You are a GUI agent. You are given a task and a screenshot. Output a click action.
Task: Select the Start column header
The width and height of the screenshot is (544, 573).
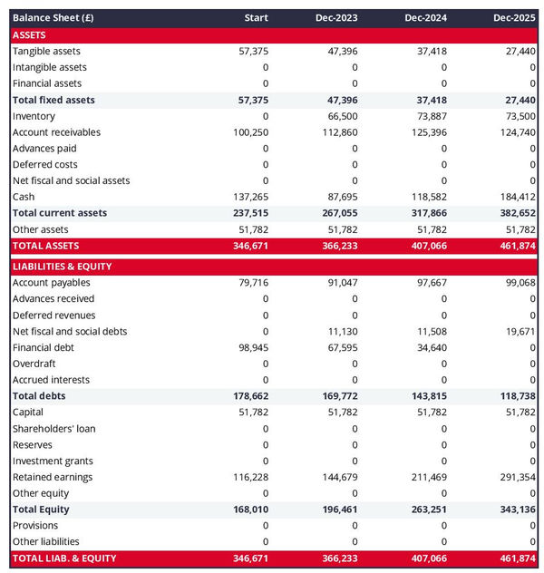[257, 18]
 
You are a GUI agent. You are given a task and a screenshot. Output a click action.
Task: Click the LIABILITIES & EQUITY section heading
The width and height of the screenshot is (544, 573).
[62, 267]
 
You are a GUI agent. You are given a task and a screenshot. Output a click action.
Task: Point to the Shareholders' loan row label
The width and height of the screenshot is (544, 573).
[53, 429]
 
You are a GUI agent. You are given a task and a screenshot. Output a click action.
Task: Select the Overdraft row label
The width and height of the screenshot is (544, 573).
[34, 364]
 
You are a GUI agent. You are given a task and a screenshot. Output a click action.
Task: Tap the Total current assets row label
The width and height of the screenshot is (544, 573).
[60, 213]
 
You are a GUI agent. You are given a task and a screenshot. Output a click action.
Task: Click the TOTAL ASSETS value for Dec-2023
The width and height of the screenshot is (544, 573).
[340, 246]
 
